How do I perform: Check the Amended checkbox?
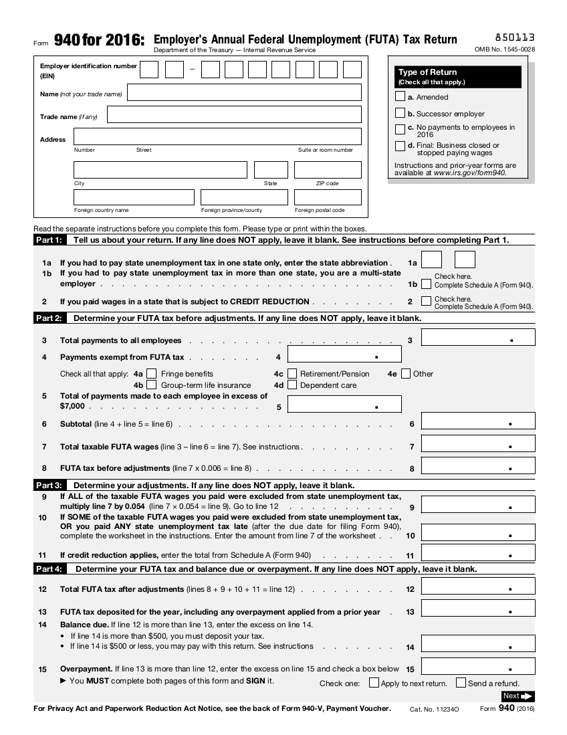coord(400,97)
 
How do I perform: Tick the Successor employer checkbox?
coord(400,113)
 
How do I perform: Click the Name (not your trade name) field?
coord(244,92)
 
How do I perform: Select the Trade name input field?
coord(234,114)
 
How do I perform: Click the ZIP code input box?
coord(328,169)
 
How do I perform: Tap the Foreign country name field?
coord(134,197)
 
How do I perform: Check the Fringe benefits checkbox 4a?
coord(152,374)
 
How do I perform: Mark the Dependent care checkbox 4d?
coord(292,385)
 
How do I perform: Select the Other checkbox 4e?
coord(406,374)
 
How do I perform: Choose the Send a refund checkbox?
coord(461,683)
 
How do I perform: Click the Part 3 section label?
coord(49,485)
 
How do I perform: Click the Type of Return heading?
coord(428,72)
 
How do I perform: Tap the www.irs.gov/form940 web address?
coord(469,173)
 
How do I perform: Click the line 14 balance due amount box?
coord(478,644)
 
